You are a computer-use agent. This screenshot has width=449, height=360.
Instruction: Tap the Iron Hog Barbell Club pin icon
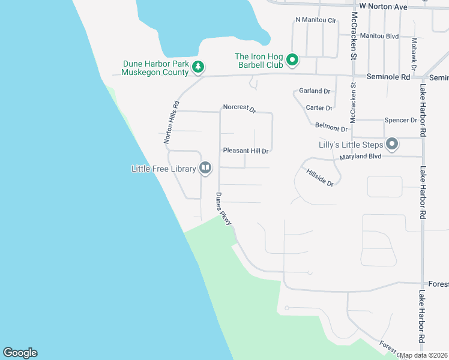[x=292, y=60]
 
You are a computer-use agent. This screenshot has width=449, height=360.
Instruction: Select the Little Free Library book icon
[x=205, y=168]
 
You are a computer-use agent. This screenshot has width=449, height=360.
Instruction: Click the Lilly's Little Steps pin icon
[x=392, y=144]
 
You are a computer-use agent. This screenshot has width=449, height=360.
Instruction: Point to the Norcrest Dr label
[x=240, y=109]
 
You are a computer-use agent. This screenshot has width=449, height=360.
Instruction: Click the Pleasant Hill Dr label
[x=246, y=151]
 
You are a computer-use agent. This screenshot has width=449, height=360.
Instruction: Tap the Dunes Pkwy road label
[x=223, y=209]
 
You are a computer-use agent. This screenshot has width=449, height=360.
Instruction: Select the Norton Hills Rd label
[x=172, y=121]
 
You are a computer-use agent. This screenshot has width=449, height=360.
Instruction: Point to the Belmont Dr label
[x=331, y=128]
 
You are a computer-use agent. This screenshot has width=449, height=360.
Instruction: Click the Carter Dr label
[x=319, y=108]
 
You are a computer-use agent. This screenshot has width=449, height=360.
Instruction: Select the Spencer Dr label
[x=400, y=120]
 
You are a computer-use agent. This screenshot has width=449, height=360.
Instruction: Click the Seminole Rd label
[x=388, y=77]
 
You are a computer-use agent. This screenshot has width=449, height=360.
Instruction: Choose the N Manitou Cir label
[x=316, y=20]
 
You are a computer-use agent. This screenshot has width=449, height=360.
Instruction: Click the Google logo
[x=20, y=353]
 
